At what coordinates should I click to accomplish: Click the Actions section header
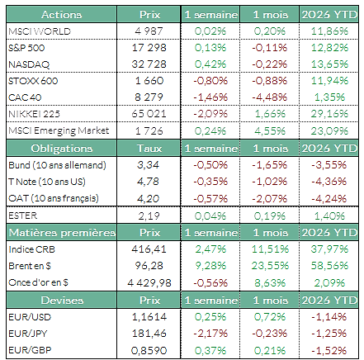61,15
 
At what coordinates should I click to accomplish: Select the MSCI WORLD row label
40,31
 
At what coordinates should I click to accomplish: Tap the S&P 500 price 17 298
149,48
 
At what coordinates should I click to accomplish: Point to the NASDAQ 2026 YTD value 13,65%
329,64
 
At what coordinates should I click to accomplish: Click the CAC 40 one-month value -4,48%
270,97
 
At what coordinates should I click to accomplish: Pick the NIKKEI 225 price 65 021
149,114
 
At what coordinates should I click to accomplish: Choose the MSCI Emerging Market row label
59,130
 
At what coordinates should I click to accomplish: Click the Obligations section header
61,149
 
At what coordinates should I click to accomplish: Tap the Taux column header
149,149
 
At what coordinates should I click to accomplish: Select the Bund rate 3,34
149,165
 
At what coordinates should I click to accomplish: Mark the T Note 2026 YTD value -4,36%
329,182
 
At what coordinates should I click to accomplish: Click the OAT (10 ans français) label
54,198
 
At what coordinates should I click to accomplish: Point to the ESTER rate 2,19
149,216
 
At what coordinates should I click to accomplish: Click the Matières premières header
62,233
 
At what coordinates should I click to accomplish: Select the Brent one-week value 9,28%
210,266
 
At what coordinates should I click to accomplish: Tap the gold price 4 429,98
149,283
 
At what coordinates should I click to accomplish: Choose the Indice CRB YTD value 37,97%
329,249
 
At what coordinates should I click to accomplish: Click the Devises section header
62,301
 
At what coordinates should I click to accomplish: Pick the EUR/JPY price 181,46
149,334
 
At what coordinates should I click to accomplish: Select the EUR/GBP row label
30,350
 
